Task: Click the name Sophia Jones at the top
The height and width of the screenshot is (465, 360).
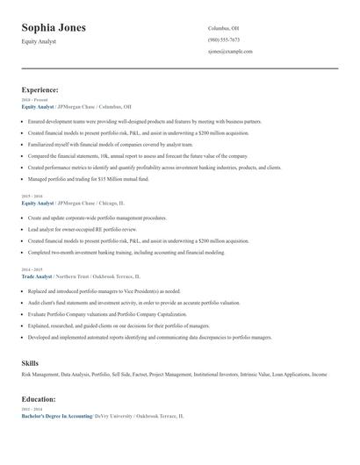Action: tap(54, 28)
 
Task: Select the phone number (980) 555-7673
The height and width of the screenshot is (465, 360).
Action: tap(224, 39)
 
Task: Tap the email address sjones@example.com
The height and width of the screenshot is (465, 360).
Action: tap(230, 52)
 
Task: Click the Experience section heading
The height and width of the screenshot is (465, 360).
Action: tap(40, 89)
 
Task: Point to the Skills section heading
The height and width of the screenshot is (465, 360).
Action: tap(30, 362)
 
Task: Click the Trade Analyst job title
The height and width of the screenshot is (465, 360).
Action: tap(39, 276)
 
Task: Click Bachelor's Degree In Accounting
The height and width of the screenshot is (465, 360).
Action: tap(56, 416)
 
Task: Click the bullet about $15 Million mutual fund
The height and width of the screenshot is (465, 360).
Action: tap(89, 179)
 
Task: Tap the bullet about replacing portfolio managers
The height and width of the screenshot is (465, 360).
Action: tap(104, 290)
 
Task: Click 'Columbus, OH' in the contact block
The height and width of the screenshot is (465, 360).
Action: tap(223, 28)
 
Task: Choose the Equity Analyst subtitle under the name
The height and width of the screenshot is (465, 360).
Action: tap(39, 42)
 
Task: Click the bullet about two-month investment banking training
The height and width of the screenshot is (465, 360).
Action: tap(126, 252)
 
